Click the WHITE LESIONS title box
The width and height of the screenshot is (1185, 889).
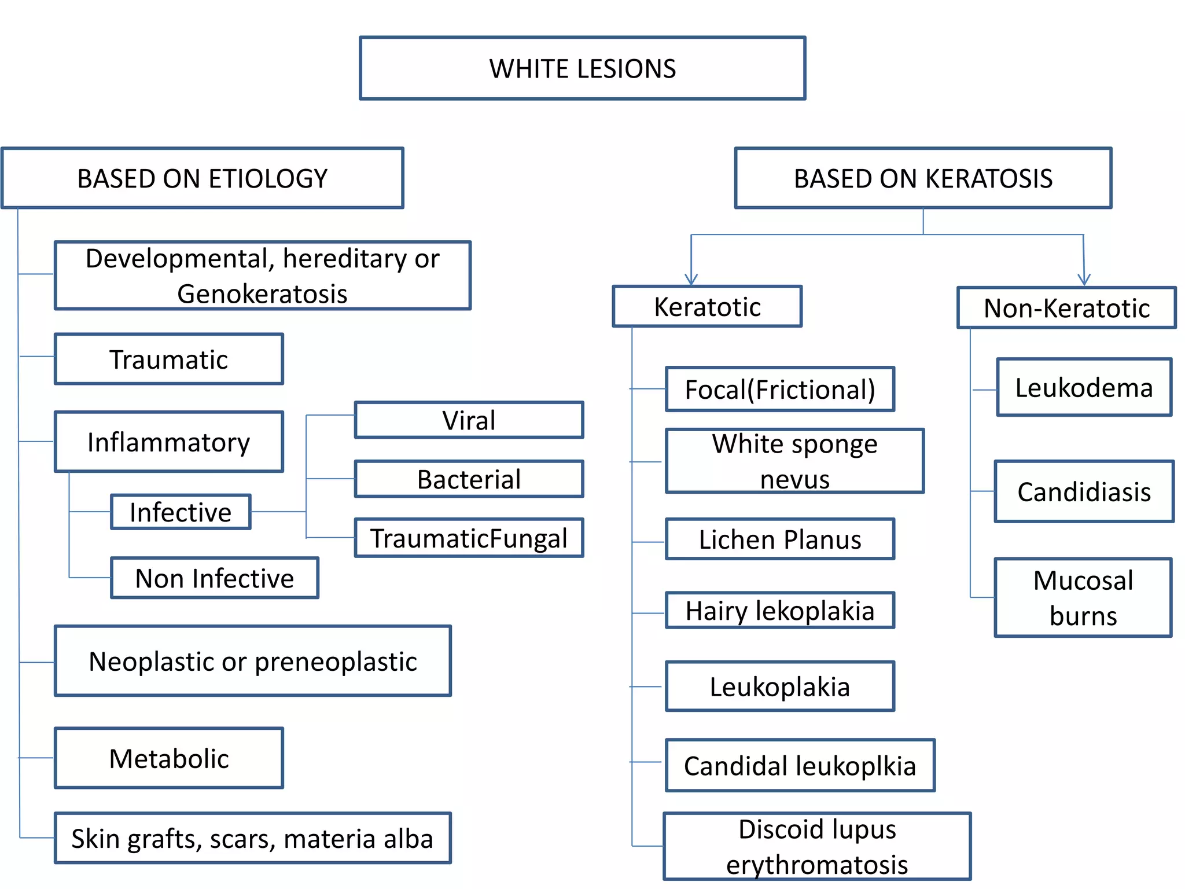582,68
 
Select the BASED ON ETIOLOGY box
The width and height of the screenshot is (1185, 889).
203,178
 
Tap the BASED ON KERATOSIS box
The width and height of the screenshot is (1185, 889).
923,178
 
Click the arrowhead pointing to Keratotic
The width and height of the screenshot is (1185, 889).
691,279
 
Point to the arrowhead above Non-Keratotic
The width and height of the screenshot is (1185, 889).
1084,280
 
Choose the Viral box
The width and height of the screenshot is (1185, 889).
469,420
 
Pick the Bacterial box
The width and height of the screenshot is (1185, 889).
469,479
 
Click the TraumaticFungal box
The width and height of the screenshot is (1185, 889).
469,538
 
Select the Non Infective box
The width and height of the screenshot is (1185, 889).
215,578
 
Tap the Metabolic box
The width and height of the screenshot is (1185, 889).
169,758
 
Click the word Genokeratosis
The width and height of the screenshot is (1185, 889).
262,294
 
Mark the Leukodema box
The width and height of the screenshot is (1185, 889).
1084,387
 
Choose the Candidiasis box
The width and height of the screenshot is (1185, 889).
1084,492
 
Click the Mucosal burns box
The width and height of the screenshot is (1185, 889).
1083,598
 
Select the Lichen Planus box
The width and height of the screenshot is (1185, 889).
780,539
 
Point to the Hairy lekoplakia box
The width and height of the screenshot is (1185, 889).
780,611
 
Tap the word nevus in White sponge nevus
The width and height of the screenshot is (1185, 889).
794,479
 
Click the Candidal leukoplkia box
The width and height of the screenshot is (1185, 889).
800,766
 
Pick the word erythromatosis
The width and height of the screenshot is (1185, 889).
817,865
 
